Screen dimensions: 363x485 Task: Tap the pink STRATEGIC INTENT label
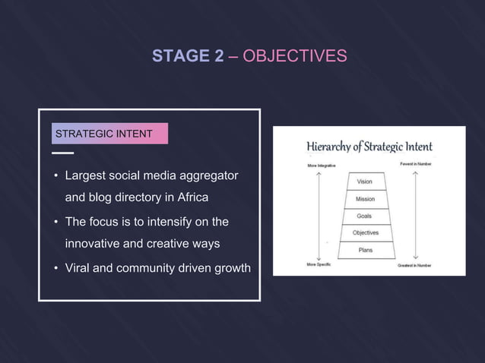tap(104, 134)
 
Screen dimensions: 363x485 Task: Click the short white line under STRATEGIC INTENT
tap(63, 153)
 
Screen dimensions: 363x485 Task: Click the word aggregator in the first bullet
tap(208, 176)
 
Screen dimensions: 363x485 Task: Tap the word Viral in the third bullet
tap(80, 267)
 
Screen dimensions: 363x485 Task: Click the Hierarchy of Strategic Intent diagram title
tap(369, 147)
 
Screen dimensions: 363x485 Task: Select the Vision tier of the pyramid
tap(365, 182)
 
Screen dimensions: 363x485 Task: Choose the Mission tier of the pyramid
tap(365, 199)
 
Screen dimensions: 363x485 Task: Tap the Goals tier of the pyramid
tap(365, 216)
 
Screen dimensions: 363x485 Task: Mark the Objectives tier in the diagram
tap(365, 232)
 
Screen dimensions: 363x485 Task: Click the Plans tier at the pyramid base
tap(365, 249)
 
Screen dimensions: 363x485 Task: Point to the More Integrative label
tap(322, 165)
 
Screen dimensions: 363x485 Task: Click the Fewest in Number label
tap(415, 164)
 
